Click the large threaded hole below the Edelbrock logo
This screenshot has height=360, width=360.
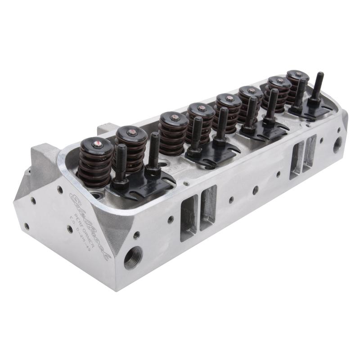[x=133, y=257]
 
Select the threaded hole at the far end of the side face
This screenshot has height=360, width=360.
[x=337, y=145]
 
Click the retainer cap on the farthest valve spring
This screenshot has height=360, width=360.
[x=297, y=75]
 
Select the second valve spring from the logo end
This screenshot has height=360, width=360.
[x=131, y=148]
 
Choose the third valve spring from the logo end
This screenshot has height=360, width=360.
[x=173, y=133]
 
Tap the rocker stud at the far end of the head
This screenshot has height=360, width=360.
[x=319, y=88]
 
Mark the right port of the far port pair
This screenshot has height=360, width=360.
[x=310, y=153]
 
